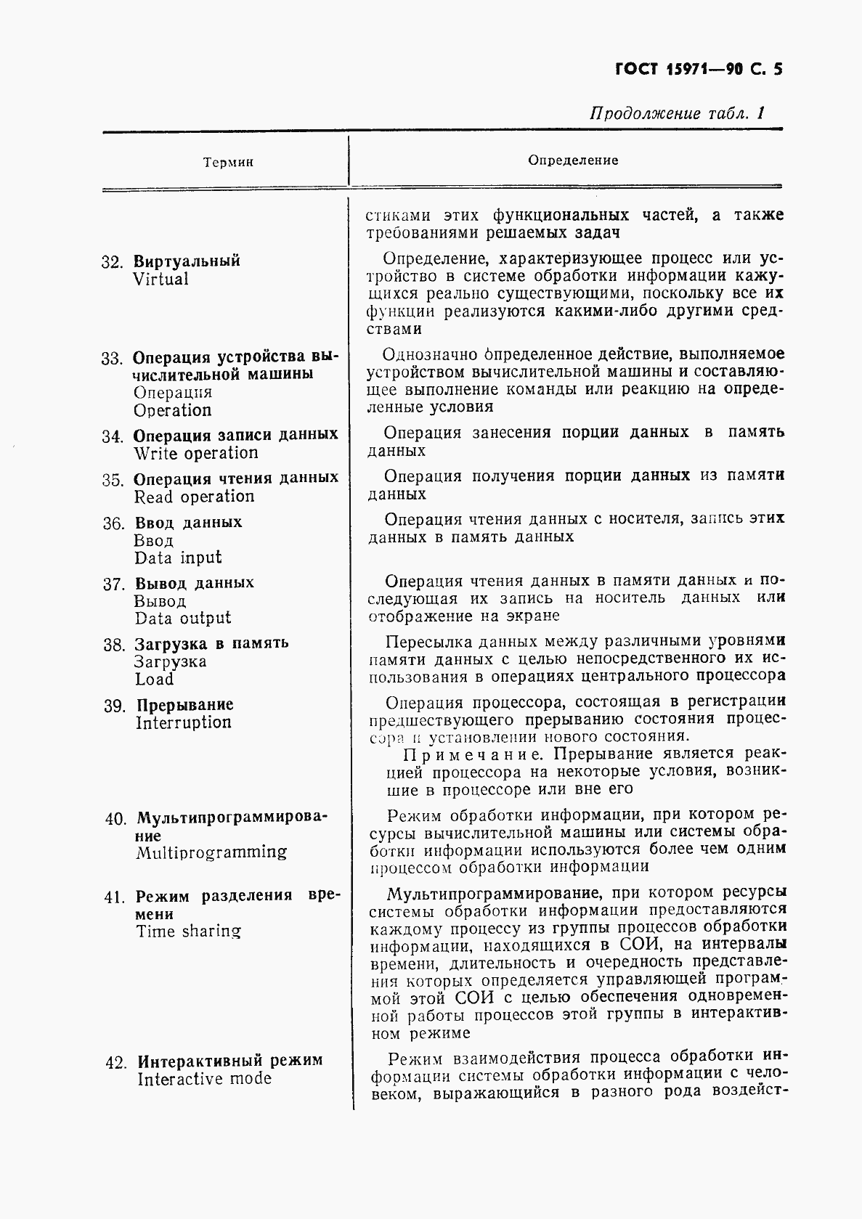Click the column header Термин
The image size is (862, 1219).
pos(228,163)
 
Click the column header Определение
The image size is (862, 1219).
pos(573,160)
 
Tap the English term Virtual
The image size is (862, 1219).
pos(160,280)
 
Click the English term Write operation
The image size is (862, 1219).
pos(195,453)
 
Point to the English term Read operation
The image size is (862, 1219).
pos(194,497)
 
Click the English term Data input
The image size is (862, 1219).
pos(178,558)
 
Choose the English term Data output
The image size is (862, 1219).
pos(182,618)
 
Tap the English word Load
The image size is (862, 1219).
pos(154,680)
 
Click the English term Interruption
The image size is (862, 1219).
pos(183,722)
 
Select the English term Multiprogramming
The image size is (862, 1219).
pos(211,852)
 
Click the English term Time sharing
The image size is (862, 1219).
pos(188,931)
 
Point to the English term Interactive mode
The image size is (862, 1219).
pos(204,1079)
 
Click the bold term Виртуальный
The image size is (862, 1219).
pos(187,261)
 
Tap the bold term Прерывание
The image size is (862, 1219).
pos(185,705)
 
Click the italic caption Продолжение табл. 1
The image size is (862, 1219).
pos(677,114)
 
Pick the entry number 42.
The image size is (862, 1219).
pos(115,1062)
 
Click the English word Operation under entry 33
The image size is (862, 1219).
pos(172,410)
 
